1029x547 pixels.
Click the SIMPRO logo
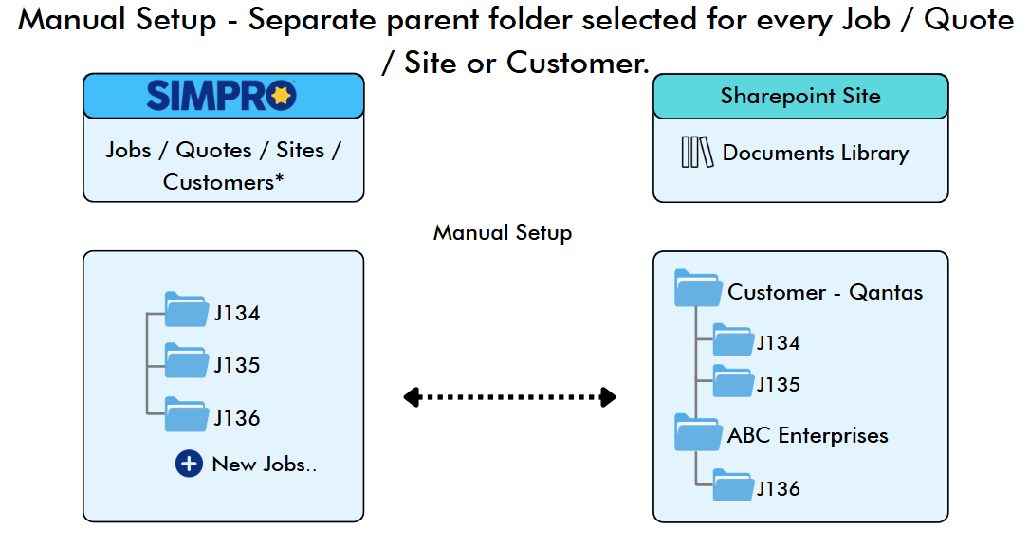pyautogui.click(x=222, y=96)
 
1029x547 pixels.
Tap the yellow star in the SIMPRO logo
pyautogui.click(x=282, y=96)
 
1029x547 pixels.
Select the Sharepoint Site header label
pyautogui.click(x=800, y=96)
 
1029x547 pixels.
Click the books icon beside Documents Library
pyautogui.click(x=697, y=153)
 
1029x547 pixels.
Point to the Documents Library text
pyautogui.click(x=816, y=153)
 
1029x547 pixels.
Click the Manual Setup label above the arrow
pyautogui.click(x=503, y=233)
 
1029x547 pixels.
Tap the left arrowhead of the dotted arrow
pyautogui.click(x=412, y=397)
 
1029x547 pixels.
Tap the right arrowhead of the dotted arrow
pyautogui.click(x=608, y=397)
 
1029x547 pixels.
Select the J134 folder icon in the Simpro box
pyautogui.click(x=187, y=309)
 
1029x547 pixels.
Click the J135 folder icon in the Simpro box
pyautogui.click(x=187, y=361)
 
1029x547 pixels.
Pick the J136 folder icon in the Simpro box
pyautogui.click(x=187, y=414)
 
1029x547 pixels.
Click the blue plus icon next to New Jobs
pyautogui.click(x=189, y=464)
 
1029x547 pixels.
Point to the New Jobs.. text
pyautogui.click(x=265, y=465)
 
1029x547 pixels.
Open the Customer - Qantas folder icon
pyautogui.click(x=698, y=288)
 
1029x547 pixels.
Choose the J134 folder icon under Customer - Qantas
pyautogui.click(x=733, y=339)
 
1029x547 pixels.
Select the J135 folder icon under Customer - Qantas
pyautogui.click(x=733, y=381)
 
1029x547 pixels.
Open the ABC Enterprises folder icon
pyautogui.click(x=698, y=432)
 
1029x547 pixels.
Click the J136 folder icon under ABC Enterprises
pyautogui.click(x=733, y=485)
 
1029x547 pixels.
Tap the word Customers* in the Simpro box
pyautogui.click(x=223, y=182)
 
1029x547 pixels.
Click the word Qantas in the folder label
pyautogui.click(x=886, y=293)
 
